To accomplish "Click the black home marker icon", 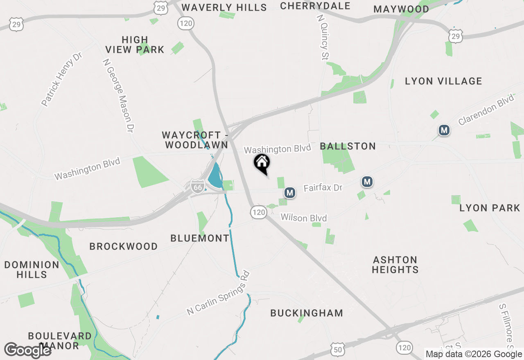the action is [262, 163].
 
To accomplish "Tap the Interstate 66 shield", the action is [198, 187].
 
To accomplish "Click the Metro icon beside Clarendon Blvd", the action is [444, 130].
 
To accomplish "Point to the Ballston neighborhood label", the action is [348, 146].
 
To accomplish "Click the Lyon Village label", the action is [443, 81].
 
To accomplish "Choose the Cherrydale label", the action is [315, 6].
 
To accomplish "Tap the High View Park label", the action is [135, 45].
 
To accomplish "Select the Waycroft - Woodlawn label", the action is [195, 140].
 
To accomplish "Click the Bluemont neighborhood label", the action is [200, 238].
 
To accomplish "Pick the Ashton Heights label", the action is [395, 265].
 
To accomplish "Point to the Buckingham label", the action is [307, 313].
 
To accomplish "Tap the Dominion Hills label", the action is [32, 270].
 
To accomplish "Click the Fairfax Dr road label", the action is [323, 188].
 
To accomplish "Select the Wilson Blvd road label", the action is [304, 218].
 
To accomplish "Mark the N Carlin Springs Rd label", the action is [218, 293].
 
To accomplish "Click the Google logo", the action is [28, 350].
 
